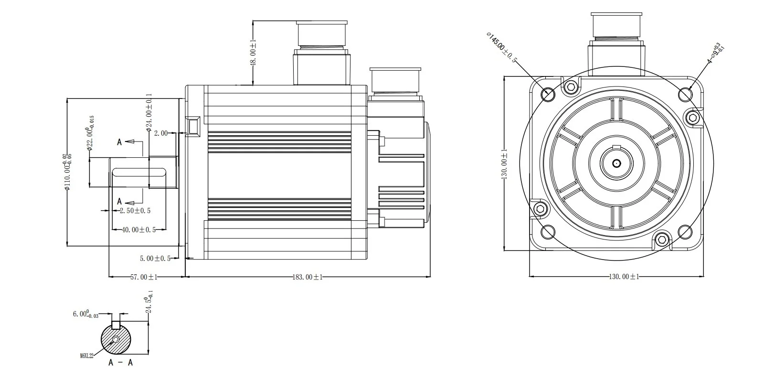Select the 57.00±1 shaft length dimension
(144, 277)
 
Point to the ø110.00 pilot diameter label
(68, 172)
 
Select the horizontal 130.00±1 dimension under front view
(623, 277)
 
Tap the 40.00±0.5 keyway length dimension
(138, 230)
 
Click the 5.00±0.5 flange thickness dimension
(155, 259)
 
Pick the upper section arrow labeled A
(127, 142)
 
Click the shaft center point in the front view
(616, 163)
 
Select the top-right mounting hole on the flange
(685, 94)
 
